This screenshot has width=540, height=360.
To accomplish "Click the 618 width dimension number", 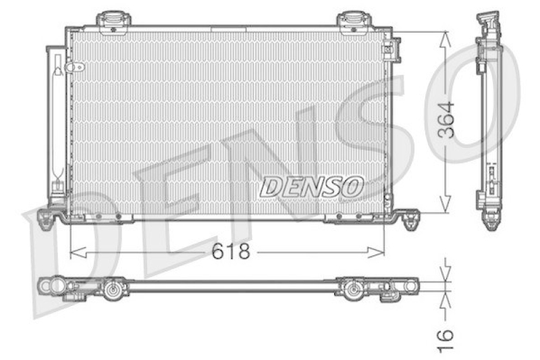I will [231, 252].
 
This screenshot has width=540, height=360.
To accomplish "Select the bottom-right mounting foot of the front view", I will [409, 217].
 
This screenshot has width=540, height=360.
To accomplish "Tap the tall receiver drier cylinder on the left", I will [57, 122].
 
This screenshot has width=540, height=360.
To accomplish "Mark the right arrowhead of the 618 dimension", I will [380, 253].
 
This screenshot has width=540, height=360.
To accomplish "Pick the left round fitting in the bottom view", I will [112, 291].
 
